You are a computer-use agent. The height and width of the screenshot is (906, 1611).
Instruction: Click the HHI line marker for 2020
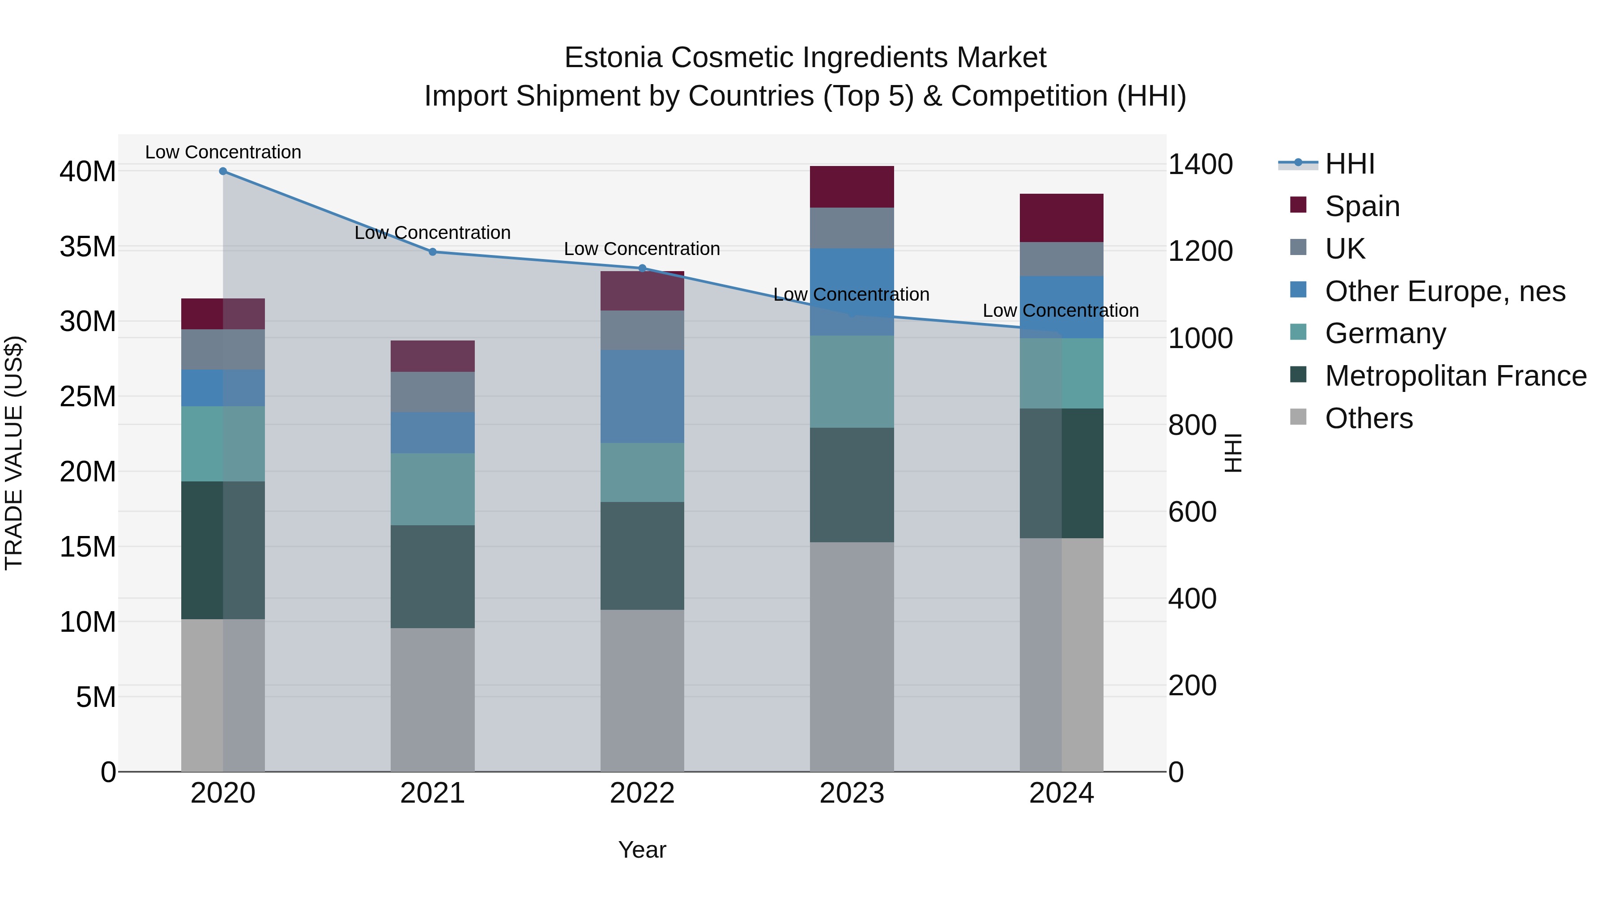pyautogui.click(x=223, y=171)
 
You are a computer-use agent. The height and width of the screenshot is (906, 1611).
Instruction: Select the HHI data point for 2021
pyautogui.click(x=432, y=252)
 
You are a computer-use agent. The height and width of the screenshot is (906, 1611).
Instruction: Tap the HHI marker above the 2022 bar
pyautogui.click(x=642, y=268)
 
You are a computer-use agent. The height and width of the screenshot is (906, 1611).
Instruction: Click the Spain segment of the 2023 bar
pyautogui.click(x=851, y=187)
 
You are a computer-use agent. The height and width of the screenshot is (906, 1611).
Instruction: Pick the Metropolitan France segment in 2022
pyautogui.click(x=642, y=555)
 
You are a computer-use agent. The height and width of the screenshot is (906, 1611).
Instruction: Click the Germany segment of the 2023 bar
pyautogui.click(x=851, y=381)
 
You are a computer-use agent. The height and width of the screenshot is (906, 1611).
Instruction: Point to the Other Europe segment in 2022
pyautogui.click(x=642, y=396)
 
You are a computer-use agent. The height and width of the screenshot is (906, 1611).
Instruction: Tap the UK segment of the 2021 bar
pyautogui.click(x=432, y=392)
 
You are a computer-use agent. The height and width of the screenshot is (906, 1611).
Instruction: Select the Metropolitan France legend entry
pyautogui.click(x=1455, y=376)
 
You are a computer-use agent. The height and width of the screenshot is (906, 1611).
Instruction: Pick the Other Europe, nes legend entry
pyautogui.click(x=1444, y=291)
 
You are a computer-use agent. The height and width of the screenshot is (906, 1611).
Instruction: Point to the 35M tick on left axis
pyautogui.click(x=88, y=247)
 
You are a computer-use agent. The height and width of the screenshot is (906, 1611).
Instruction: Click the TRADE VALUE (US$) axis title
pyautogui.click(x=14, y=453)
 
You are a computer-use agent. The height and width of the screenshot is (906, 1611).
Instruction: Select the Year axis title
pyautogui.click(x=642, y=850)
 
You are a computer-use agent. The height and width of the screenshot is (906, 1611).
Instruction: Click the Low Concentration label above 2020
pyautogui.click(x=223, y=152)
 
